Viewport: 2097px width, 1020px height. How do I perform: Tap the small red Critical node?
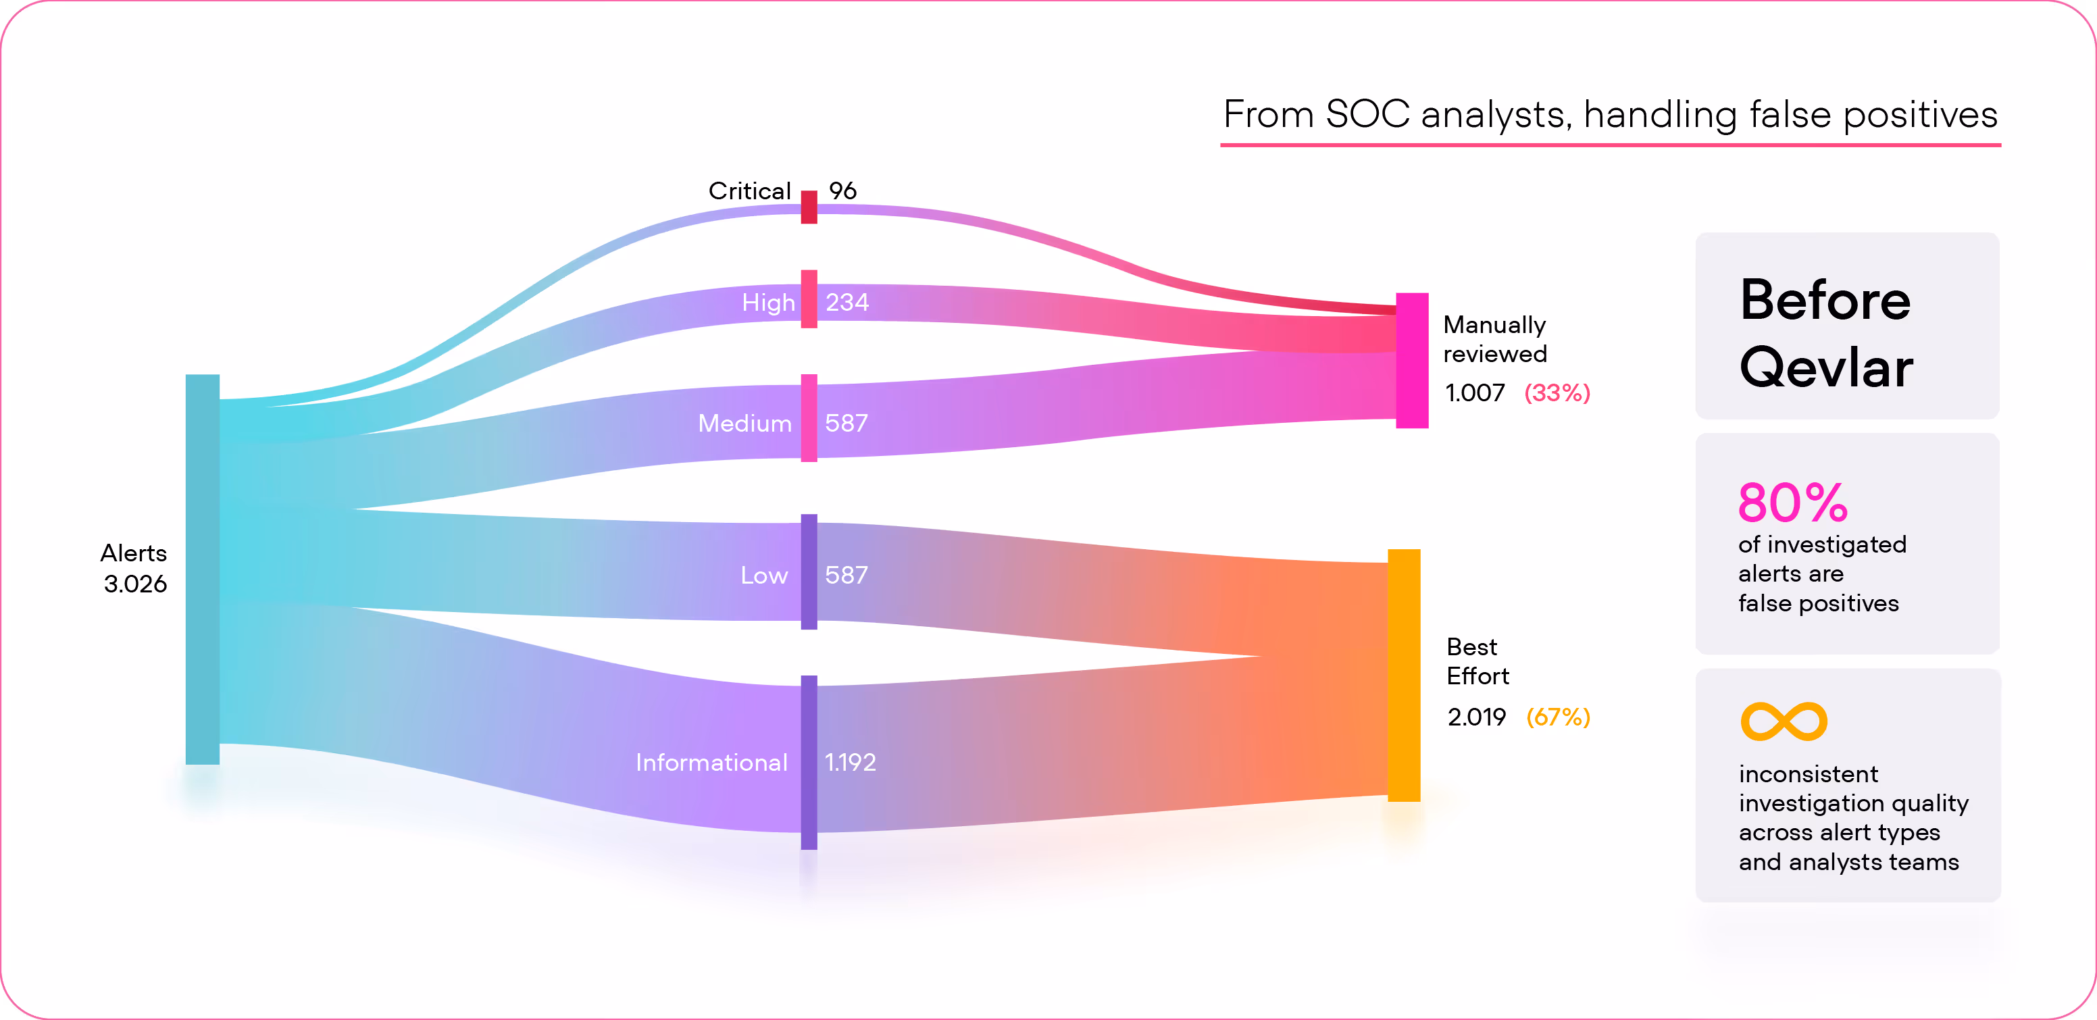[809, 207]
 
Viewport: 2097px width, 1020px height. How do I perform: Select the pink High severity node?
[809, 299]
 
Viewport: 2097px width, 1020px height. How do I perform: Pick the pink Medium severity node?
[809, 417]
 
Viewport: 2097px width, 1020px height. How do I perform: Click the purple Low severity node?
[809, 571]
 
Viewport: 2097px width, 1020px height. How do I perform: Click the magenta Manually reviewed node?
[1411, 360]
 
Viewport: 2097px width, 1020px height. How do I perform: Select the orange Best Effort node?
[1403, 675]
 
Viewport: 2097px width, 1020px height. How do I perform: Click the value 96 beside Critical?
[842, 190]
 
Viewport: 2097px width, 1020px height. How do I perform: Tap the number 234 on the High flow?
[847, 302]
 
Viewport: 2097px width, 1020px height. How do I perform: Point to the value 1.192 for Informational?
[850, 762]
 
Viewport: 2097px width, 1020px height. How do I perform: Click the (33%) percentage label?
[1557, 392]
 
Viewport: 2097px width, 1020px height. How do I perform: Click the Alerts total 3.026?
[135, 584]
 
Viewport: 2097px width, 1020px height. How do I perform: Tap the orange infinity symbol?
[1783, 721]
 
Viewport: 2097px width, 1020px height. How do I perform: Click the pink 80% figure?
[1792, 503]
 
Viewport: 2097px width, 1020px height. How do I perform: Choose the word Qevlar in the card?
[1825, 368]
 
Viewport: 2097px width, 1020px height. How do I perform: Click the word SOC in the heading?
[1367, 114]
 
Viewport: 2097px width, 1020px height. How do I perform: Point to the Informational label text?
[711, 762]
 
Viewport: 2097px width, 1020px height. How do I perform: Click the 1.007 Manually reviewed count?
[1474, 392]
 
